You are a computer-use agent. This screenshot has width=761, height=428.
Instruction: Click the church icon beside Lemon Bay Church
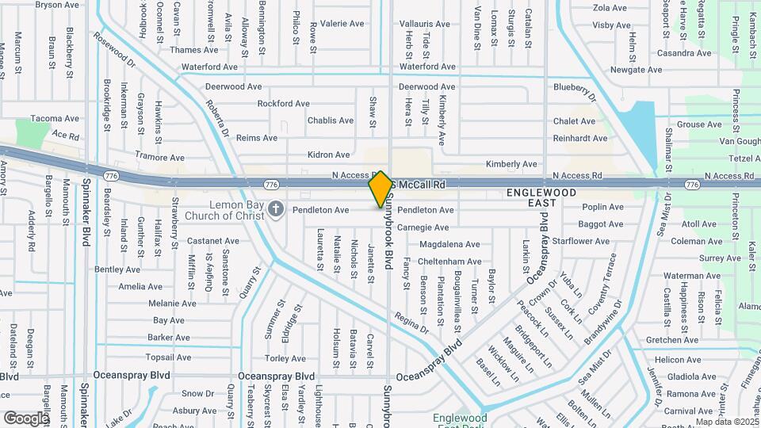(x=276, y=209)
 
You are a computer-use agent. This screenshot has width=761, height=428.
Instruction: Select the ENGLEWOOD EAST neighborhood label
(x=541, y=198)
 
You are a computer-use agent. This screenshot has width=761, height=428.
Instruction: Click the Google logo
(x=26, y=418)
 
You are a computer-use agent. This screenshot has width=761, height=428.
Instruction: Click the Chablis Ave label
(x=331, y=120)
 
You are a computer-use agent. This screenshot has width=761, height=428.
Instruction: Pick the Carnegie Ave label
(x=424, y=227)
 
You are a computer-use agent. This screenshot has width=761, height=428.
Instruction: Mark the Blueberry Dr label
(x=574, y=86)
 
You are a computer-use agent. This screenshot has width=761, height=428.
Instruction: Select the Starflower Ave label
(x=581, y=241)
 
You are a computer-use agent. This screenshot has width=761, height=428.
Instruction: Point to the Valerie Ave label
(x=342, y=24)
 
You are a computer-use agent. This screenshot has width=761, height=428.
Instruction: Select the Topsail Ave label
(x=170, y=357)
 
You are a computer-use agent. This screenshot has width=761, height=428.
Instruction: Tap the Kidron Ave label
(x=329, y=155)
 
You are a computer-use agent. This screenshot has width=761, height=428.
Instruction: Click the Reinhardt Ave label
(x=581, y=138)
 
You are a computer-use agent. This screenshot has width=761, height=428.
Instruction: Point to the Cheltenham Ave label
(x=449, y=262)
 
